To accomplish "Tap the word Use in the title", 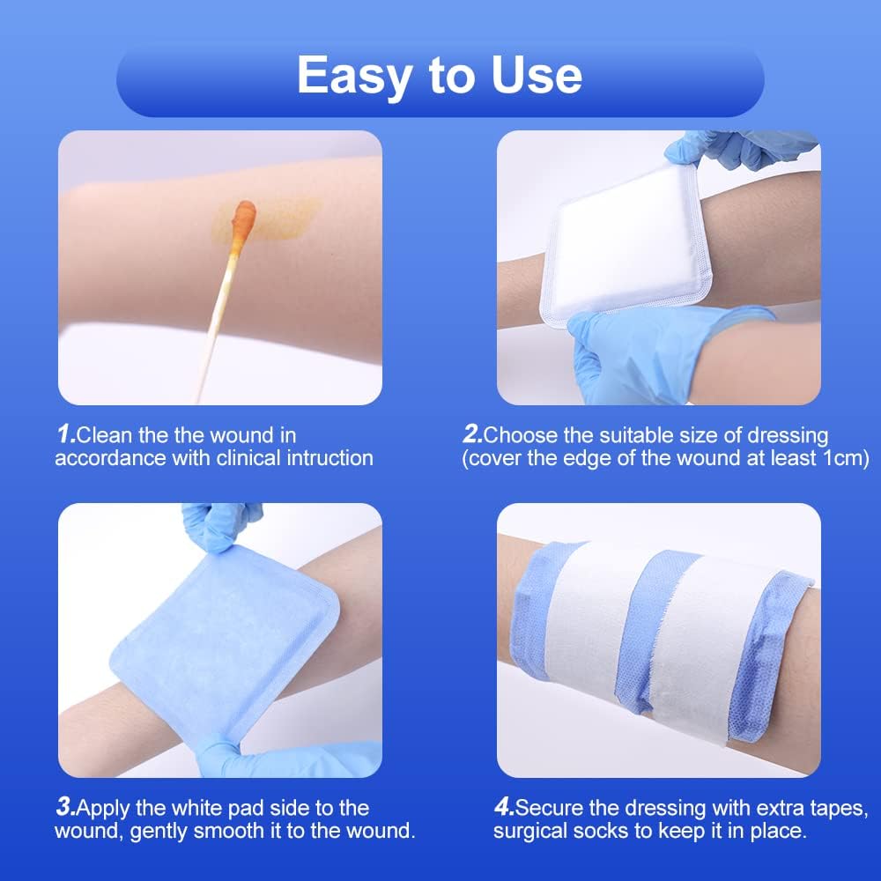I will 532,76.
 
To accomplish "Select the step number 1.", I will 65,434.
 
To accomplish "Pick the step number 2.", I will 473,434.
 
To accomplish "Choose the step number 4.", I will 504,807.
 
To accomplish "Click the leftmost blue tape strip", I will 542,608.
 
